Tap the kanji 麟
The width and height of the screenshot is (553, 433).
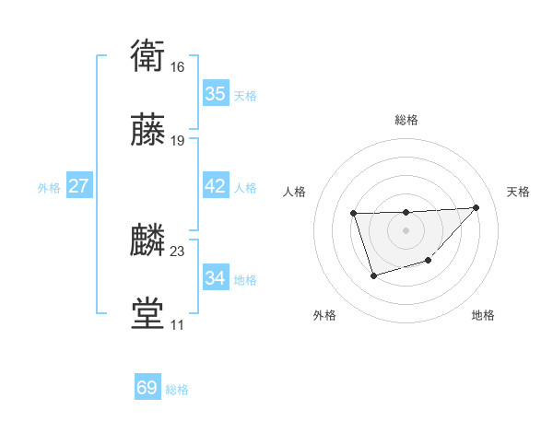coord(147,240)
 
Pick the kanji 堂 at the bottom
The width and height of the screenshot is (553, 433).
coord(147,313)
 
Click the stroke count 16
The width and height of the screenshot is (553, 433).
coord(178,68)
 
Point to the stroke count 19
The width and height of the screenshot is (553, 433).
coord(178,141)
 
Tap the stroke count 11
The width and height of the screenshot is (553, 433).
coord(177,325)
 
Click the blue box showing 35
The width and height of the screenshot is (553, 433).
coord(216,94)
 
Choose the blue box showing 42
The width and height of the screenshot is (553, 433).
coord(216,186)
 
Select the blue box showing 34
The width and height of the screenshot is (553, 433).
coord(216,277)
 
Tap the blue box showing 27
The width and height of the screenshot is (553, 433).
coord(79,186)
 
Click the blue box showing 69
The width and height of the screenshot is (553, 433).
coord(147,388)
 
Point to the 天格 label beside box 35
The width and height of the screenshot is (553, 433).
coord(245,96)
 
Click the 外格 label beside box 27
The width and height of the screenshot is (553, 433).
coord(49,188)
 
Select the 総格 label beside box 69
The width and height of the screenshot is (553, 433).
coord(177,390)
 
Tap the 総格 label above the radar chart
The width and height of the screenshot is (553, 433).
coord(406,120)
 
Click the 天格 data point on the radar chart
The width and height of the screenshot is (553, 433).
coord(476,207)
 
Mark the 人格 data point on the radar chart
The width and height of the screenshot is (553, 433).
coord(354,214)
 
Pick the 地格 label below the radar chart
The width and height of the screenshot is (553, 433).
coord(483,316)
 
